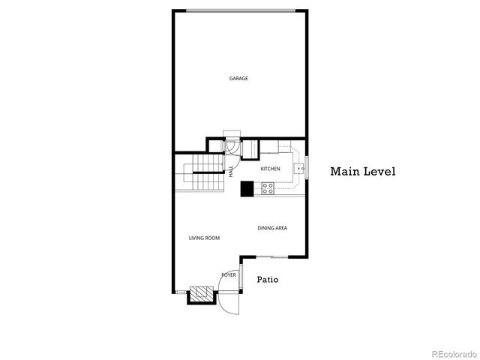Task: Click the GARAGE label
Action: click(238, 78)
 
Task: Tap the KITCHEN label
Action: click(270, 169)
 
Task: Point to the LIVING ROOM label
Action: click(204, 238)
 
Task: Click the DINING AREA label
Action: click(272, 228)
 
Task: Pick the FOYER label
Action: click(229, 275)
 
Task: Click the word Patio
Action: click(268, 280)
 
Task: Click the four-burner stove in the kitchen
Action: click(268, 190)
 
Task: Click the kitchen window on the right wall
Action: click(306, 167)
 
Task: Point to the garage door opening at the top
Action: click(240, 10)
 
